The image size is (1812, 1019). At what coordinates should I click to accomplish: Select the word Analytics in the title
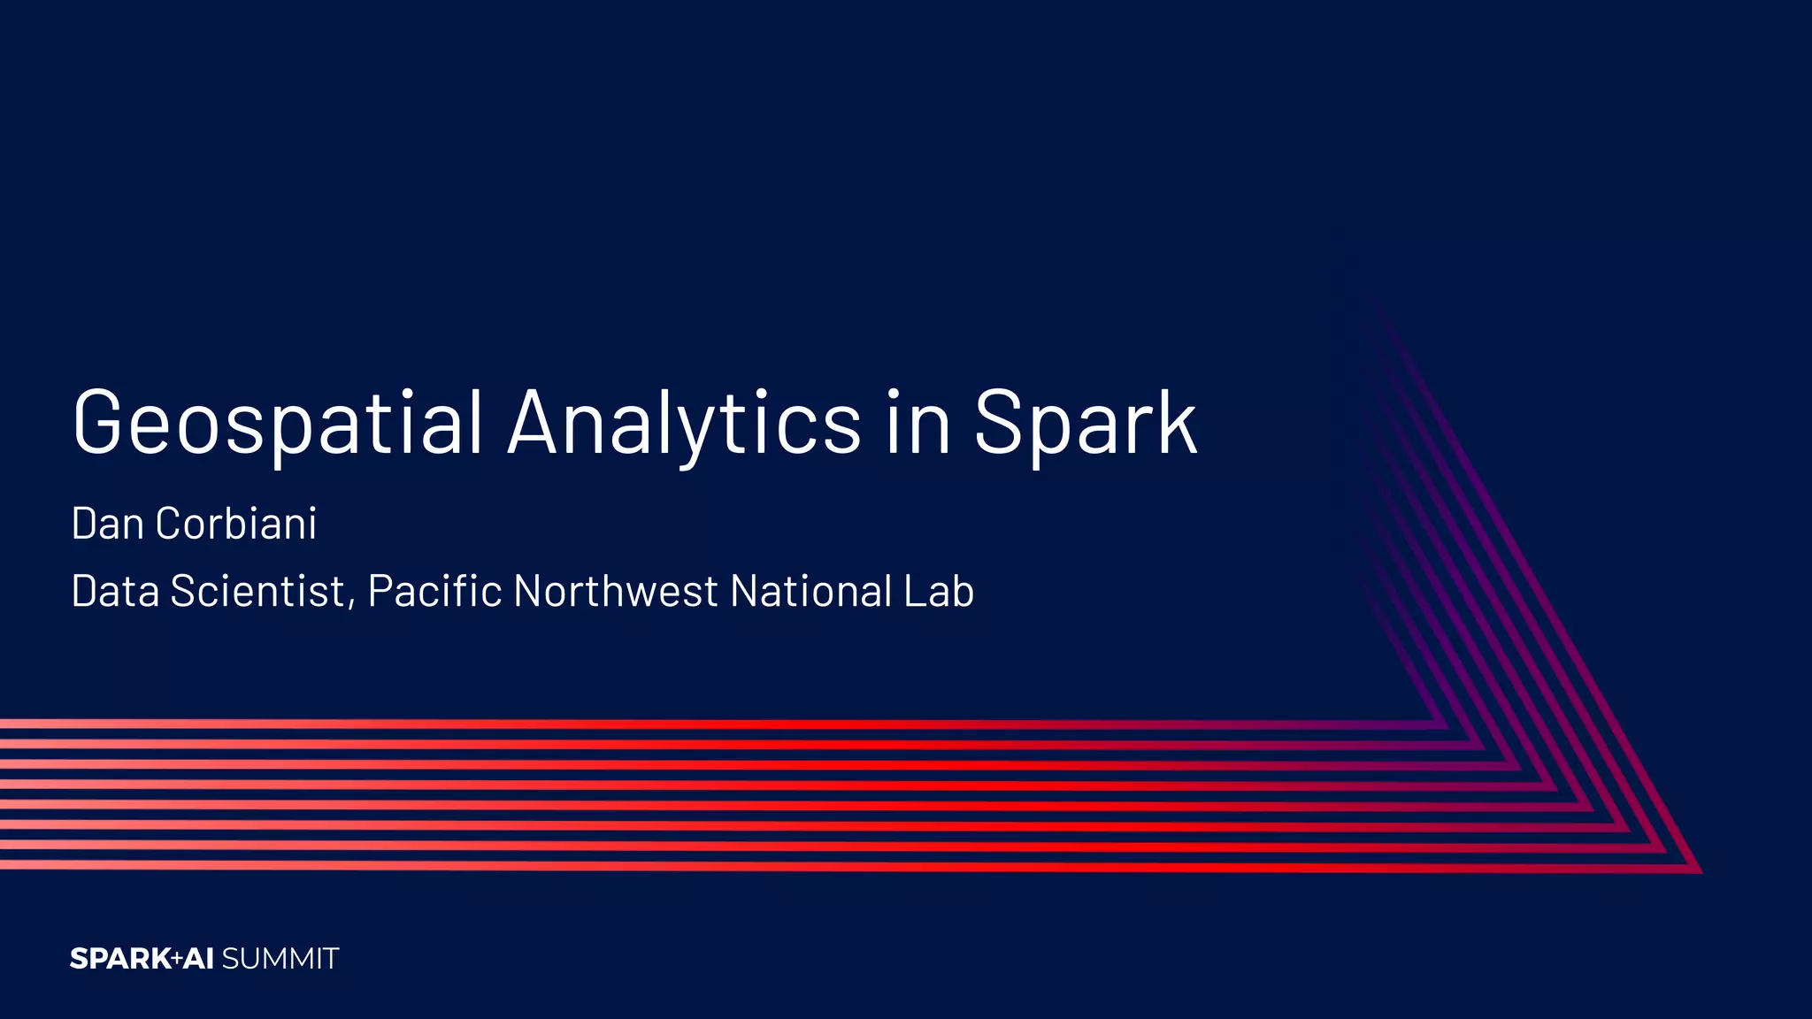click(x=684, y=423)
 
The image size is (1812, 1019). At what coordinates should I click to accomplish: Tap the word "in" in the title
click(x=918, y=423)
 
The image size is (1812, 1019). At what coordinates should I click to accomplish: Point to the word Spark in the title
click(x=1086, y=425)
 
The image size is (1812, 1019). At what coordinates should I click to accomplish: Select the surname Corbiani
click(x=236, y=524)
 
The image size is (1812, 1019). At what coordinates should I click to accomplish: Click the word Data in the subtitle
click(x=115, y=591)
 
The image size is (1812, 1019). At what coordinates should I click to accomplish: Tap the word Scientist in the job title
click(x=257, y=591)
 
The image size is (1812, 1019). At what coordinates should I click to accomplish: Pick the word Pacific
click(x=434, y=591)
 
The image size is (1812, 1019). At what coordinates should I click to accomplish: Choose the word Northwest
click(x=616, y=591)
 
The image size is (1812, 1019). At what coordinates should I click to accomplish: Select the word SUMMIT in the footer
click(x=280, y=959)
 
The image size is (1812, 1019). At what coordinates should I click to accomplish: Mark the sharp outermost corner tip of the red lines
click(x=1701, y=872)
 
